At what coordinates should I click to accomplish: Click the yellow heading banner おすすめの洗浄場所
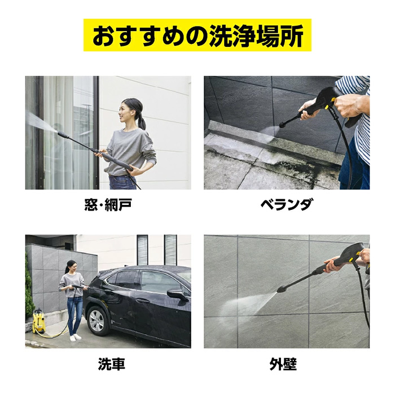(x=197, y=35)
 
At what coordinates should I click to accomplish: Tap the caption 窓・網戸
(x=108, y=204)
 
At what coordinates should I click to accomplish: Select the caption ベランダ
(x=287, y=204)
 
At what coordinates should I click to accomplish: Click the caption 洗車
(x=111, y=364)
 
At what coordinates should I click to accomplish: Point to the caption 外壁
(x=283, y=364)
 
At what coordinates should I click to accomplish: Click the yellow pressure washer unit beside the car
(x=39, y=321)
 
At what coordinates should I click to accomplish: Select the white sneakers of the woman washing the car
(x=75, y=337)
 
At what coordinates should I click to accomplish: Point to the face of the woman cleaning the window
(x=125, y=112)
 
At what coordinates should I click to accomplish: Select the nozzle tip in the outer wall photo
(x=280, y=289)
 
